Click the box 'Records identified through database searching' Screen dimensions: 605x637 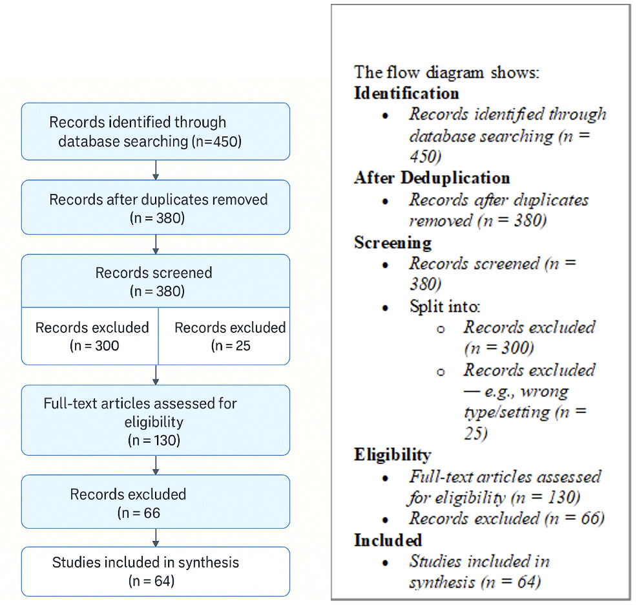click(155, 131)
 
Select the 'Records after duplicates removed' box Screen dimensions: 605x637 click(155, 207)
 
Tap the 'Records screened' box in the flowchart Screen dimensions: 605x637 click(155, 281)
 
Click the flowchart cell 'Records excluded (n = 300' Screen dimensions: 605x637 click(90, 336)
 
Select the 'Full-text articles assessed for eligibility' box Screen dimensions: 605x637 click(155, 421)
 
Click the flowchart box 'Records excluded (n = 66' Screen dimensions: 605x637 click(155, 502)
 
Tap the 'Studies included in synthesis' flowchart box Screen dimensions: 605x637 click(155, 571)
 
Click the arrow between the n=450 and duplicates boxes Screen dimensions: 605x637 click(156, 170)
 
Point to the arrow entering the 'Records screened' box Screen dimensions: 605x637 click(156, 244)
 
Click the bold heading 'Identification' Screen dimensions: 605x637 click(406, 92)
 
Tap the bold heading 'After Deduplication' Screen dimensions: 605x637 click(432, 178)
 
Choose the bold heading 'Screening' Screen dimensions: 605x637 click(392, 242)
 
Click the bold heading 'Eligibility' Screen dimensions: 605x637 click(392, 454)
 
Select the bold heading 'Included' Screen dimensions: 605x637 click(388, 540)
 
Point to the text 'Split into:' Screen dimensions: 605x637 click(445, 306)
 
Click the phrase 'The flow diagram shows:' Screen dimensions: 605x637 click(446, 72)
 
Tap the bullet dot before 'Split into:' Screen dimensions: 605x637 click(386, 308)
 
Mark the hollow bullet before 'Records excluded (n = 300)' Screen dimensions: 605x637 click(441, 329)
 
